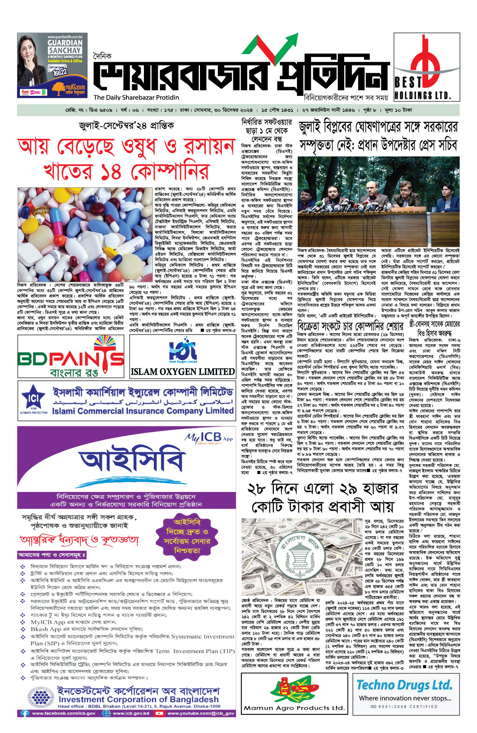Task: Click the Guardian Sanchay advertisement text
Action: click(65, 46)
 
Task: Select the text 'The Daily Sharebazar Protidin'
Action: click(136, 97)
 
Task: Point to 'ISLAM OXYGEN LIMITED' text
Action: click(182, 371)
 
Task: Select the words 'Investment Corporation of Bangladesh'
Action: click(138, 699)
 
